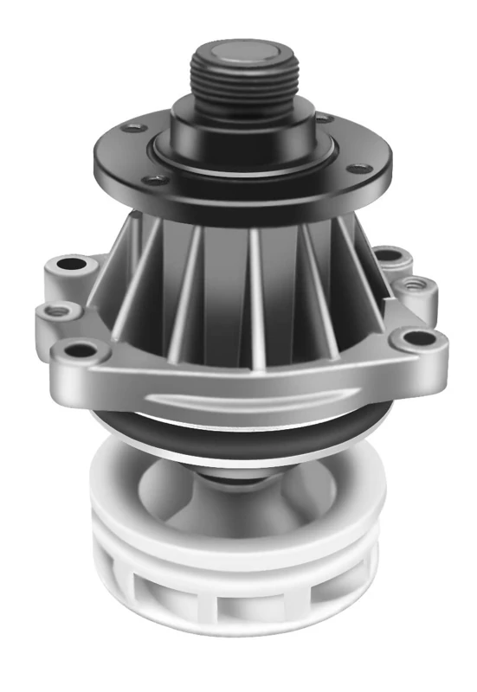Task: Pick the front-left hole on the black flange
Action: pyautogui.click(x=156, y=180)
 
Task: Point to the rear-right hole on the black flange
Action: pyautogui.click(x=321, y=118)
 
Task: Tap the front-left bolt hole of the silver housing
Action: pyautogui.click(x=81, y=349)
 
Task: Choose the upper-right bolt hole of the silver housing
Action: pyautogui.click(x=391, y=256)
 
